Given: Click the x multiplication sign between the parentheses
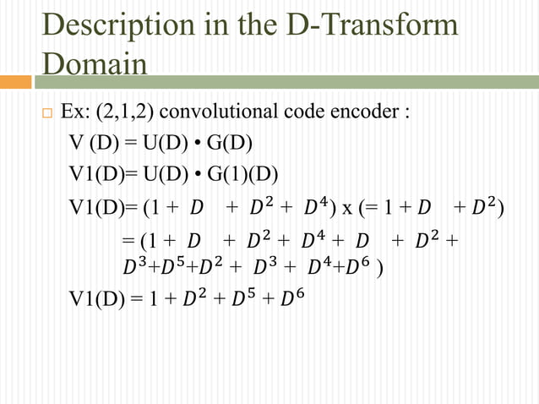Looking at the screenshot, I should point(346,205).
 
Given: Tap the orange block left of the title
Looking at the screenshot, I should point(15,82).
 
